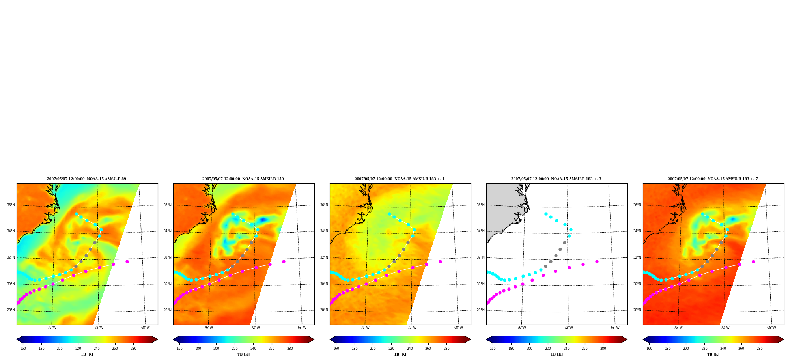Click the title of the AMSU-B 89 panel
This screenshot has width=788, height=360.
[x=87, y=179]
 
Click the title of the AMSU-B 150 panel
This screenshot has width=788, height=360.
[x=243, y=179]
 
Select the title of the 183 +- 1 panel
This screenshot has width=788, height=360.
[x=400, y=179]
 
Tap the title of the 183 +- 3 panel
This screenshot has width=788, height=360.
[x=556, y=179]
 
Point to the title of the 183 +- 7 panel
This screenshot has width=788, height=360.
[x=713, y=179]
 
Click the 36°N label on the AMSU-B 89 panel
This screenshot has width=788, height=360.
[x=11, y=205]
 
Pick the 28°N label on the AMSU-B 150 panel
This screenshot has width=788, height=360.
[x=167, y=310]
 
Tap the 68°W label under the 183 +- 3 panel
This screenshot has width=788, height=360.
[x=615, y=328]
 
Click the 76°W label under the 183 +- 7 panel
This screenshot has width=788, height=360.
[x=678, y=328]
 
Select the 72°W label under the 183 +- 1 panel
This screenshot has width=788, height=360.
[x=412, y=328]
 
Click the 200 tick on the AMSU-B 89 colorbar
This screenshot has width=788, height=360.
[x=60, y=349]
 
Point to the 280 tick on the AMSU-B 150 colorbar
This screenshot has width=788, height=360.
[x=290, y=349]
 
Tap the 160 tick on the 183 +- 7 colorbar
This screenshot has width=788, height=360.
[x=649, y=349]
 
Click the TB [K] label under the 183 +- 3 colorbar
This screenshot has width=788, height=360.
[x=556, y=354]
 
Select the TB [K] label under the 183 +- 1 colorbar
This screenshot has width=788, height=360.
[x=400, y=354]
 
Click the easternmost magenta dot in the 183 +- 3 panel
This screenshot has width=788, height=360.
[x=597, y=261]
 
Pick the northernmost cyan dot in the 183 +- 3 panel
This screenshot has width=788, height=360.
[x=546, y=214]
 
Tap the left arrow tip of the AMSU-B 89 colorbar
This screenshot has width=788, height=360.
[x=17, y=339]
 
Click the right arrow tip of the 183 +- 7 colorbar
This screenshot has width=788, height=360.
[x=784, y=339]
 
